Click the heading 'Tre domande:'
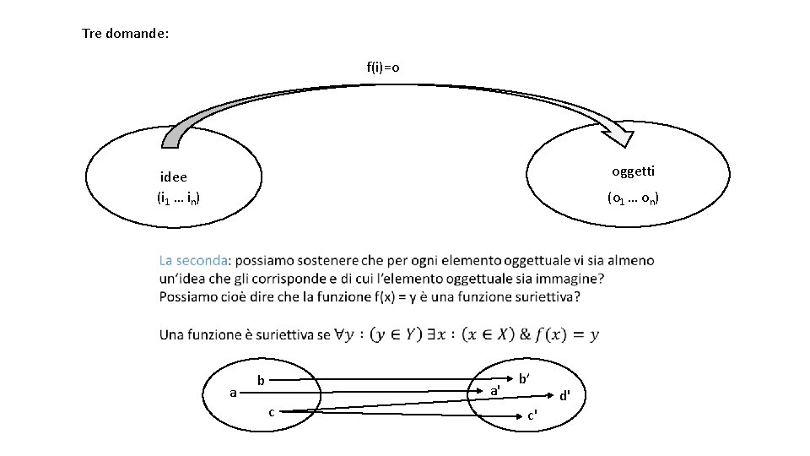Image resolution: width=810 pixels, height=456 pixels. point(126,34)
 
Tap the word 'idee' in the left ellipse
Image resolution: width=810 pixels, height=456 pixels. point(174,177)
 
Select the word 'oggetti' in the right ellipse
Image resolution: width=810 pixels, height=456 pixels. point(633,171)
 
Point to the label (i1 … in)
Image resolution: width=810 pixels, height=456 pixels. point(178,199)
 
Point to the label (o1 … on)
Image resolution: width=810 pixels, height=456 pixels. point(633,199)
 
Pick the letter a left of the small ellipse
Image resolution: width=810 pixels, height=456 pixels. point(233,392)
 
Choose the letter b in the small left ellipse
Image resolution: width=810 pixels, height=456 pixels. point(262,381)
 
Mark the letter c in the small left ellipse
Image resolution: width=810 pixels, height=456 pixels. point(271,412)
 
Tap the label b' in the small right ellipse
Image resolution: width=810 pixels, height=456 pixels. point(524,380)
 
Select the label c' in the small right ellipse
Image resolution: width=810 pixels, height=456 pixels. point(532,415)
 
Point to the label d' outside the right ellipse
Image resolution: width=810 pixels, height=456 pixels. point(565,394)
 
